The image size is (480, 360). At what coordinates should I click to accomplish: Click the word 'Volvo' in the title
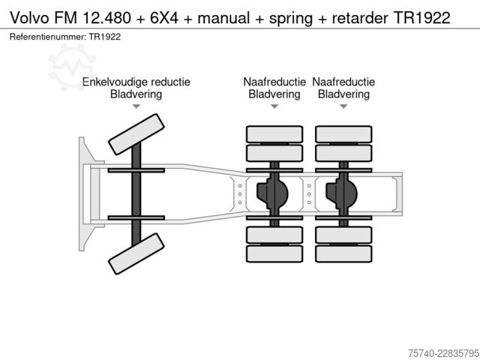(x=30, y=18)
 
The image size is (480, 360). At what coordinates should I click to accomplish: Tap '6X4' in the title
(x=164, y=18)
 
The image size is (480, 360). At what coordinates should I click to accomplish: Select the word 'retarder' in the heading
(x=360, y=18)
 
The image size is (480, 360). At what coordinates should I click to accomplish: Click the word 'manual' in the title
(x=223, y=18)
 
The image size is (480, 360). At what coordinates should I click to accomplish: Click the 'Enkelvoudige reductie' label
(x=136, y=82)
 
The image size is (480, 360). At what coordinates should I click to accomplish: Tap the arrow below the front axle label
(x=136, y=106)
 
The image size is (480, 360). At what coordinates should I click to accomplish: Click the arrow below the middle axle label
(x=274, y=106)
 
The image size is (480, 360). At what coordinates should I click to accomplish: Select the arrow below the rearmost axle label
(x=343, y=106)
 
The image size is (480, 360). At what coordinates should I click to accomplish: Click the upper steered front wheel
(x=136, y=134)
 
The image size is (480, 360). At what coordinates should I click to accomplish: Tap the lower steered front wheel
(x=136, y=253)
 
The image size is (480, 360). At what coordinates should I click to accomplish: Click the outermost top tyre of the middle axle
(x=274, y=134)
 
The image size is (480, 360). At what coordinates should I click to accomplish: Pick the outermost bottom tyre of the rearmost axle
(x=343, y=253)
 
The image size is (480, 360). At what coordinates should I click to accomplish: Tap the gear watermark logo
(x=72, y=67)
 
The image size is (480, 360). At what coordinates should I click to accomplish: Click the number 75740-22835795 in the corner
(x=443, y=353)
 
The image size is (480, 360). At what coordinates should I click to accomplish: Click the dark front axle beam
(x=136, y=194)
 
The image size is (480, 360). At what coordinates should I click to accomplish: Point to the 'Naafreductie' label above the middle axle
(x=274, y=82)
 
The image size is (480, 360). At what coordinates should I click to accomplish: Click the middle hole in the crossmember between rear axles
(x=309, y=194)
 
